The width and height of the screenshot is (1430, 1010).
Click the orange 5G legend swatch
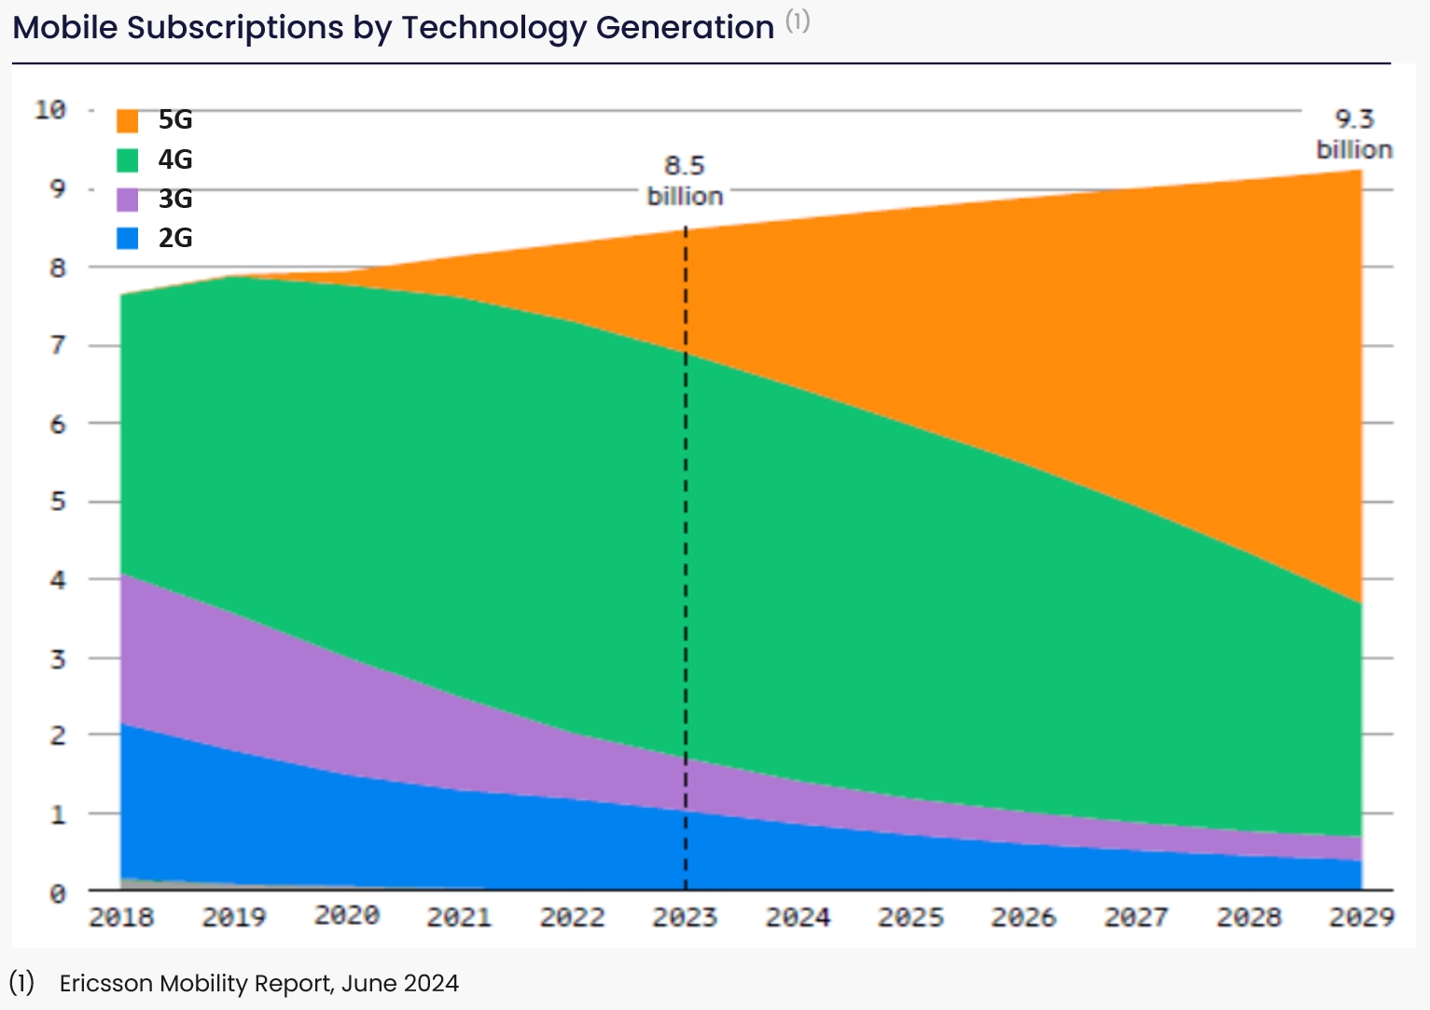coord(128,121)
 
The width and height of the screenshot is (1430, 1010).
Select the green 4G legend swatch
coord(128,160)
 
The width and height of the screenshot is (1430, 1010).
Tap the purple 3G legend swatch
coord(128,200)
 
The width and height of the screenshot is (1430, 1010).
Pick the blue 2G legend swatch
coord(128,239)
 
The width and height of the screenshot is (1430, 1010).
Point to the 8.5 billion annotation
coord(685,181)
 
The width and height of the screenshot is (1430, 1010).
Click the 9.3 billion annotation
coord(1354,134)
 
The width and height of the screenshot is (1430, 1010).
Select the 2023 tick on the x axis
coord(685,918)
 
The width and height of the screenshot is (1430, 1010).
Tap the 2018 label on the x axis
coord(121,918)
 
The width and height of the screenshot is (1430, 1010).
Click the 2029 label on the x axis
coord(1361,918)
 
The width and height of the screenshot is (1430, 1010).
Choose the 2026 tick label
coord(1023,918)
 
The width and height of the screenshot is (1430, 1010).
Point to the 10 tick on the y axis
coord(50,110)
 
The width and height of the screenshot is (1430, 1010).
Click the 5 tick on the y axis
coord(58,502)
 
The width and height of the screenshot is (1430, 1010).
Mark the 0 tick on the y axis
coord(58,893)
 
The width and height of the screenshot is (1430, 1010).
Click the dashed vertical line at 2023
coord(686,560)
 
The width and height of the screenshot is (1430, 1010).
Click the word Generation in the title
coord(685,28)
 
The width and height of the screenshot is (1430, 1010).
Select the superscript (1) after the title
coord(798,21)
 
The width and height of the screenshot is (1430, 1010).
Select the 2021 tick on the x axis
coord(459,918)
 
